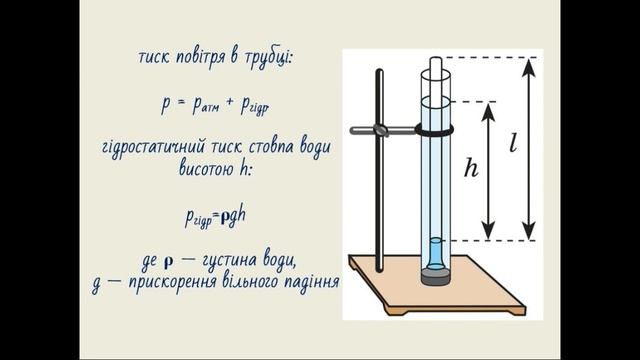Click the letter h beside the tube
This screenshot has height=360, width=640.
click(x=472, y=169)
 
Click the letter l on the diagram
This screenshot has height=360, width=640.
click(x=513, y=143)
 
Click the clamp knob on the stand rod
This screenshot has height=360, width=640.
click(x=381, y=129)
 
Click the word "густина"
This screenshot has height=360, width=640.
click(x=234, y=262)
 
